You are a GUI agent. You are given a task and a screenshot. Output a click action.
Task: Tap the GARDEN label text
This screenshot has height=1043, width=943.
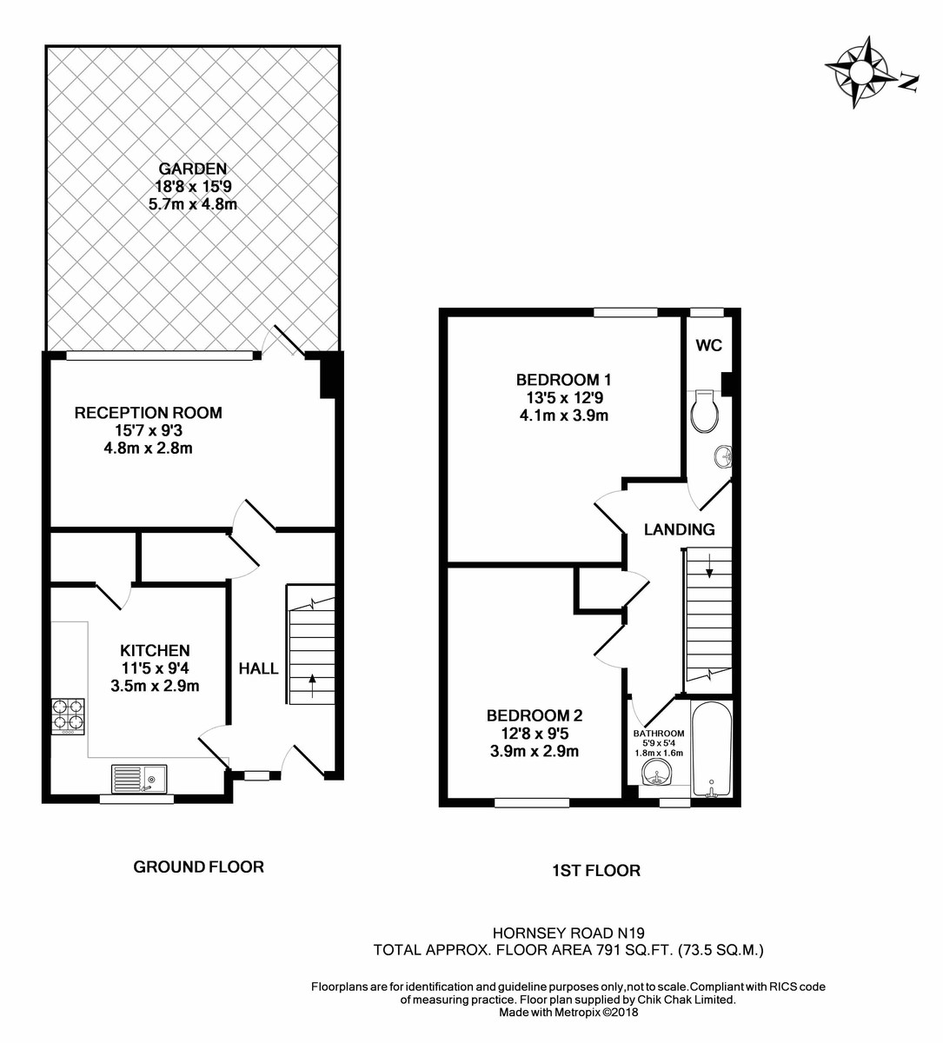tap(193, 169)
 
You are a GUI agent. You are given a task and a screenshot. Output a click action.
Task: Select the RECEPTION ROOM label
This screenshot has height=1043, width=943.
tap(148, 413)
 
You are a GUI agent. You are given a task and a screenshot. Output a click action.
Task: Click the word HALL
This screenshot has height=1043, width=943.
tap(259, 668)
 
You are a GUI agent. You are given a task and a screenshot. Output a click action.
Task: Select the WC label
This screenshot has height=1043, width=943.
tap(708, 345)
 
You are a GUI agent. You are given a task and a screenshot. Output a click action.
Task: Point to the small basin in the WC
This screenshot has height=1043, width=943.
tap(721, 455)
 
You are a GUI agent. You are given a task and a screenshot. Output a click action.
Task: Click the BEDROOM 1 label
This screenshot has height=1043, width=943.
tap(564, 380)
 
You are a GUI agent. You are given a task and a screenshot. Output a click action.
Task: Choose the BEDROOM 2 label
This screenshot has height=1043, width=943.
tap(534, 716)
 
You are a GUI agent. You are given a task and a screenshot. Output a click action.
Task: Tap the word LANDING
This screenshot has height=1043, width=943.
tap(679, 528)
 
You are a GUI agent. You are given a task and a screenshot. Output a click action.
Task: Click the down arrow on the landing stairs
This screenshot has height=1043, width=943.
tap(709, 567)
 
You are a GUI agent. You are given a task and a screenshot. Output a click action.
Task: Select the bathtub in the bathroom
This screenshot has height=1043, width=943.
tap(712, 749)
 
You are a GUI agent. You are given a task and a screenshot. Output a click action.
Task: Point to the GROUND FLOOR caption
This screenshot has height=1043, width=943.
tap(198, 867)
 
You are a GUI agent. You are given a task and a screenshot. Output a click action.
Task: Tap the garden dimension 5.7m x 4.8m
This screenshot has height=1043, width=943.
tap(193, 204)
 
